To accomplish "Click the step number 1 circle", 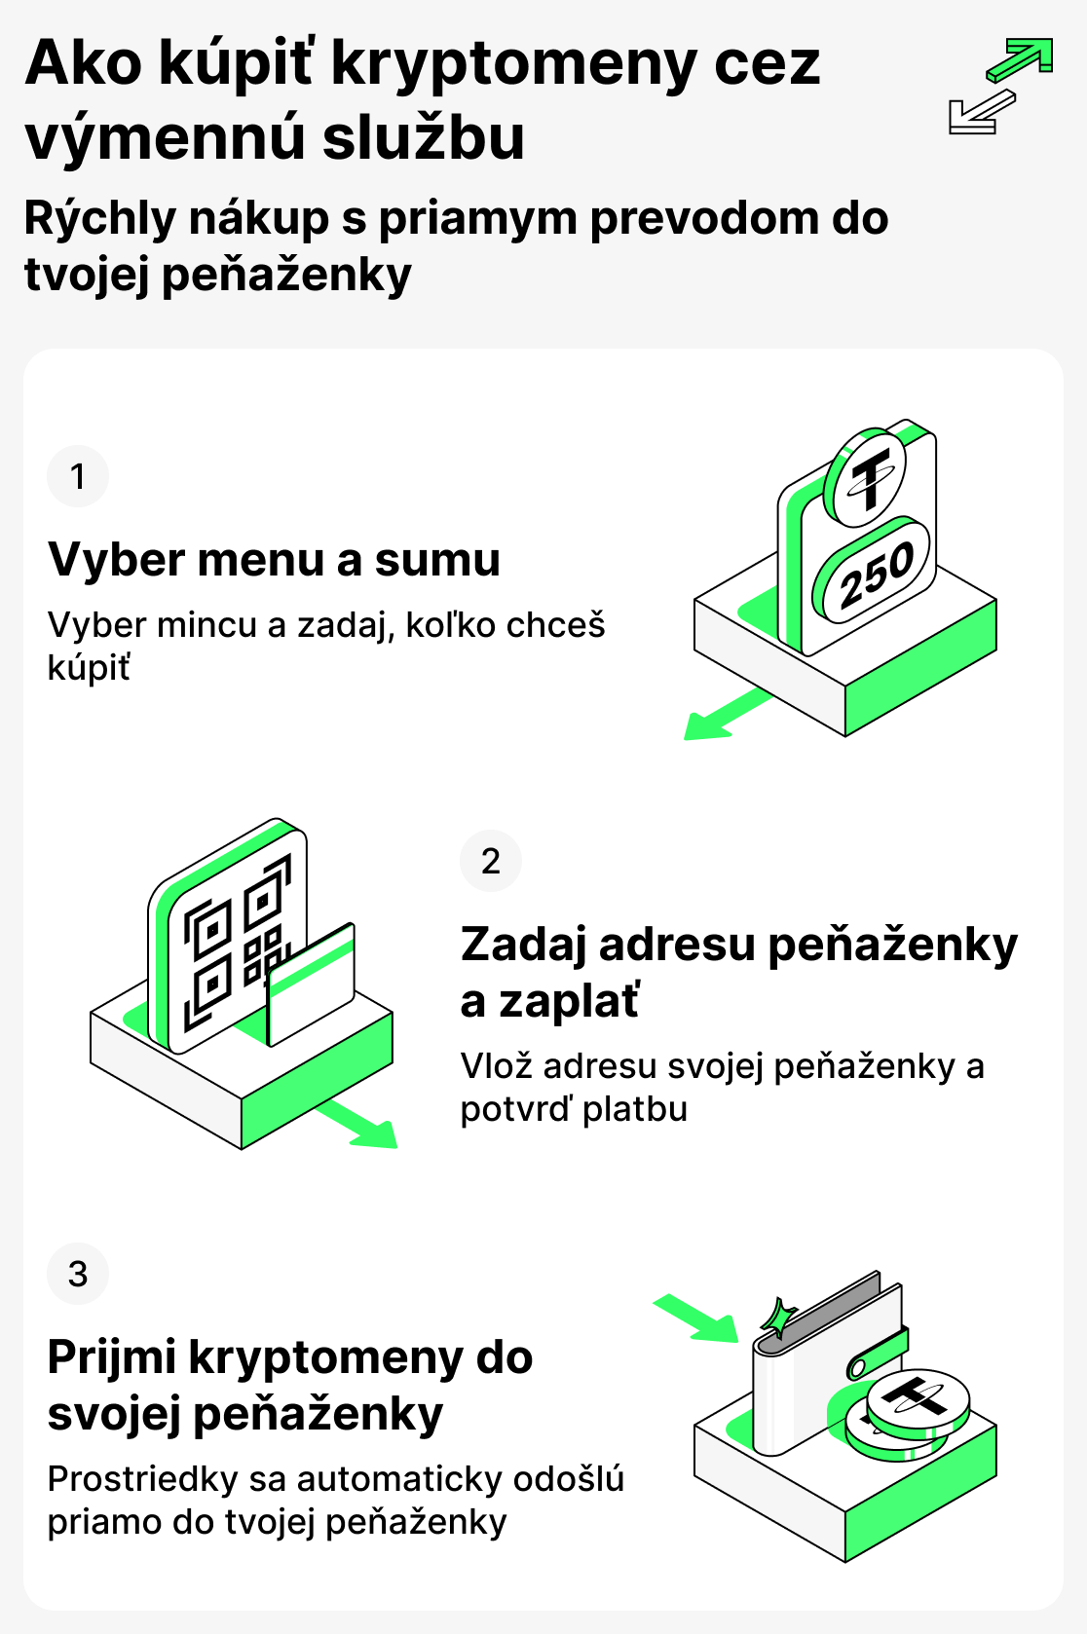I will click(x=78, y=476).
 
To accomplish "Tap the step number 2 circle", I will click(x=491, y=861).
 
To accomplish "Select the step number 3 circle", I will click(x=78, y=1274).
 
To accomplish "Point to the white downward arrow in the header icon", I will click(x=979, y=113).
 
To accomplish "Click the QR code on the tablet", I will click(x=237, y=940).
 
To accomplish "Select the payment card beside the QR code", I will click(x=311, y=984).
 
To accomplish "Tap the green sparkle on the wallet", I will click(x=779, y=1318).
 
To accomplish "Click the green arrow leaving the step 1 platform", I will click(x=725, y=716).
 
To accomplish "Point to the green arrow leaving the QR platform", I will click(x=359, y=1125).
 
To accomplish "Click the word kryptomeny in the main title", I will click(x=514, y=63).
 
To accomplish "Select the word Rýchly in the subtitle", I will click(x=98, y=219).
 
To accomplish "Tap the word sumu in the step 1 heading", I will click(x=437, y=560).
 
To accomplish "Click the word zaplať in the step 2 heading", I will click(x=569, y=1001).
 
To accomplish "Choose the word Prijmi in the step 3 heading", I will click(x=111, y=1358).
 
